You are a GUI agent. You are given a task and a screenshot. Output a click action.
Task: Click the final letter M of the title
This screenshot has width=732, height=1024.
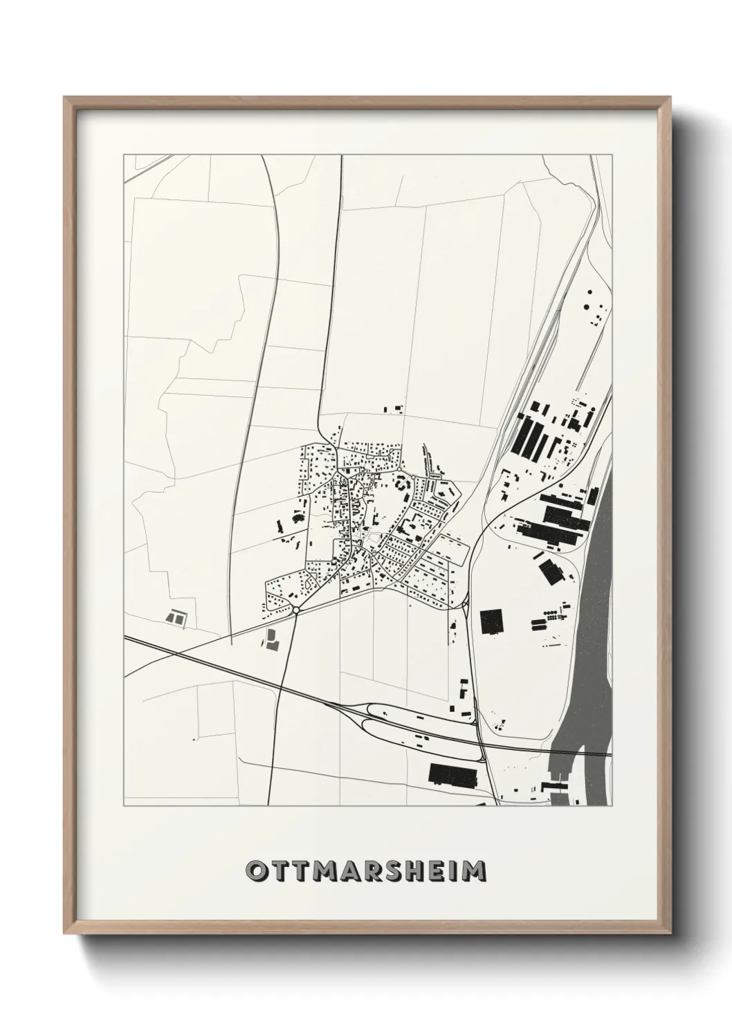click(475, 871)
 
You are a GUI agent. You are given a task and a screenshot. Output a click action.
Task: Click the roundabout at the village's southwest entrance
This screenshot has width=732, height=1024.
click(295, 610)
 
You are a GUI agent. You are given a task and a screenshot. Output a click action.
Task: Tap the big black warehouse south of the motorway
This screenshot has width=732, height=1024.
click(453, 774)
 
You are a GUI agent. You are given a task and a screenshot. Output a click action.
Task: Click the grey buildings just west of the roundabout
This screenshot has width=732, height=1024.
click(271, 641)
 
